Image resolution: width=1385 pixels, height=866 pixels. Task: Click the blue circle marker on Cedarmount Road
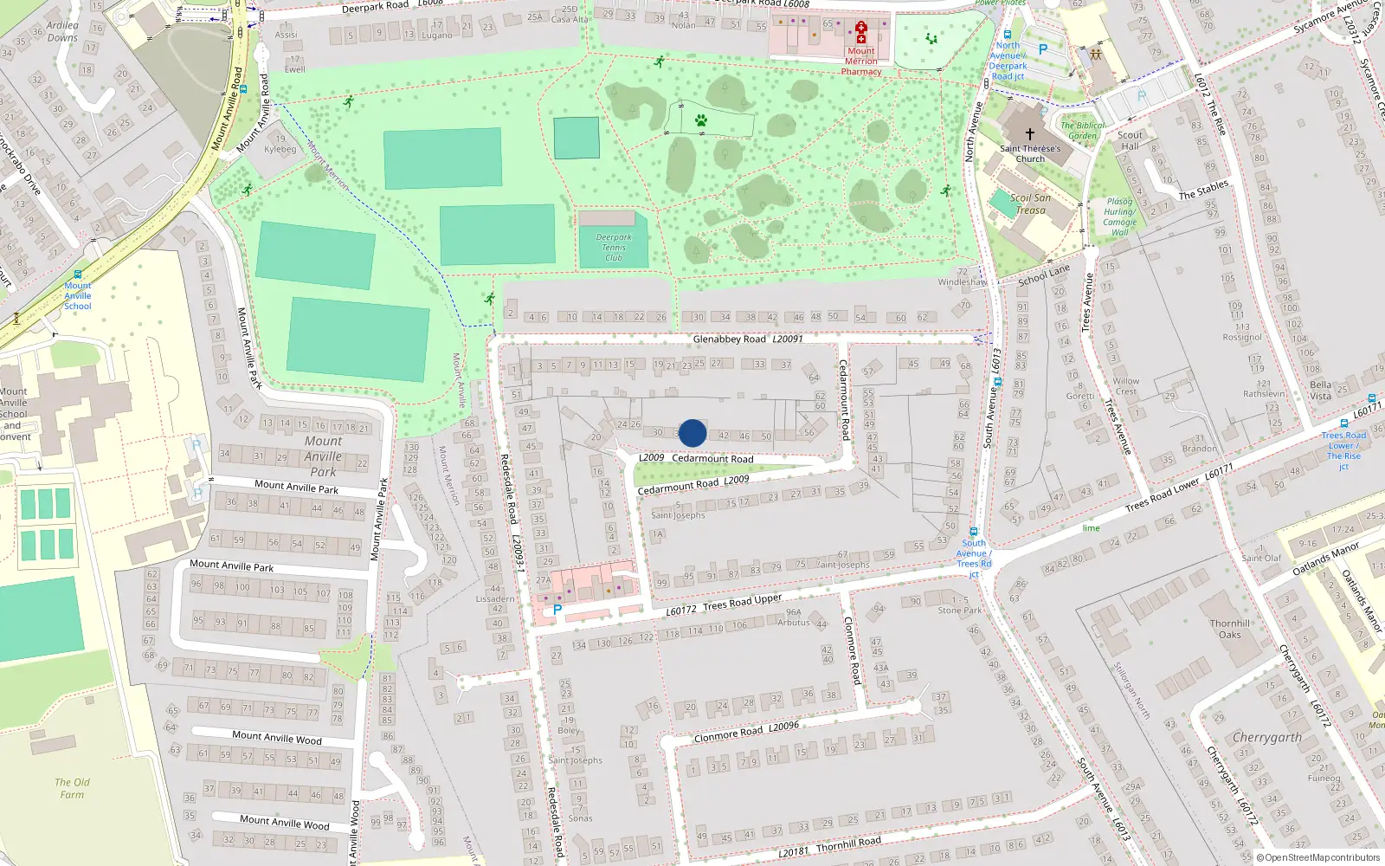coord(692,433)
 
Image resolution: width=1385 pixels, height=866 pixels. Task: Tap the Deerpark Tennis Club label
coord(614,248)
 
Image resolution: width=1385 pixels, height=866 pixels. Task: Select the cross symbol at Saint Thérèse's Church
coord(1030,134)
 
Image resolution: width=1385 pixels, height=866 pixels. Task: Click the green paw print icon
coord(701,120)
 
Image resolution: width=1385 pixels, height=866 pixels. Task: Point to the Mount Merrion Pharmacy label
coord(861,61)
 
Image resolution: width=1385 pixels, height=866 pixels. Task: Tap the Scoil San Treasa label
coord(1029,204)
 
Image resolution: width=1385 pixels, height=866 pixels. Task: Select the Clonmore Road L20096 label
coord(746,732)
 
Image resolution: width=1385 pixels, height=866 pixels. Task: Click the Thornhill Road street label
coord(848,843)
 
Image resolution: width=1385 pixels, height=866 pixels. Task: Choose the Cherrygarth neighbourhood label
coord(1266,738)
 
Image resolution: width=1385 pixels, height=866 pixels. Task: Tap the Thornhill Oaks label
coord(1230,630)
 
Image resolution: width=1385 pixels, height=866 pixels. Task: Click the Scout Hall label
coord(1130,140)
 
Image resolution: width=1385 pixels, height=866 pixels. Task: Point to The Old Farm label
coord(72,788)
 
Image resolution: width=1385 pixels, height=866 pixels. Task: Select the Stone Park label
coord(960,611)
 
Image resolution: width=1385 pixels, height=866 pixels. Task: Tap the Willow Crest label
coord(1125,386)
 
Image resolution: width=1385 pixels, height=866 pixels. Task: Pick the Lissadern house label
coord(495,598)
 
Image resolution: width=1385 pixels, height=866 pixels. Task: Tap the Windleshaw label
coord(962,282)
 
